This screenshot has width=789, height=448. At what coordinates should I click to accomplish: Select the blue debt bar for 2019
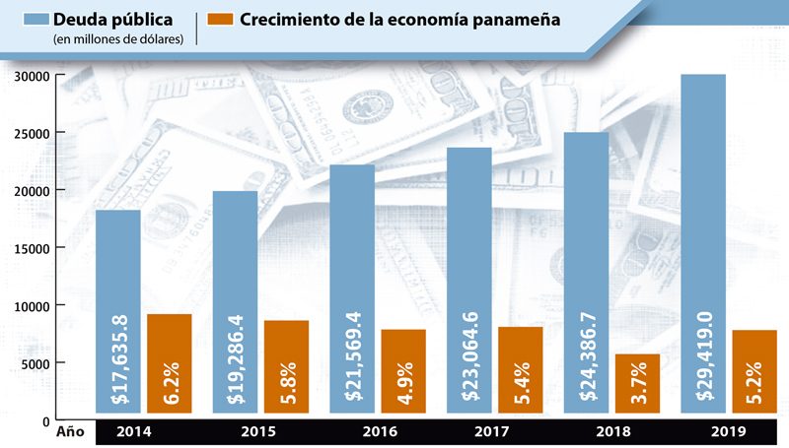pos(703,197)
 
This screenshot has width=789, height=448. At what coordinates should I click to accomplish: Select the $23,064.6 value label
pos(470,364)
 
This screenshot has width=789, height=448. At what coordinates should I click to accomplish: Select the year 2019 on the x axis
pos(730,432)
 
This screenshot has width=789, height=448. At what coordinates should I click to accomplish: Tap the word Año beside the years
pos(70,432)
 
